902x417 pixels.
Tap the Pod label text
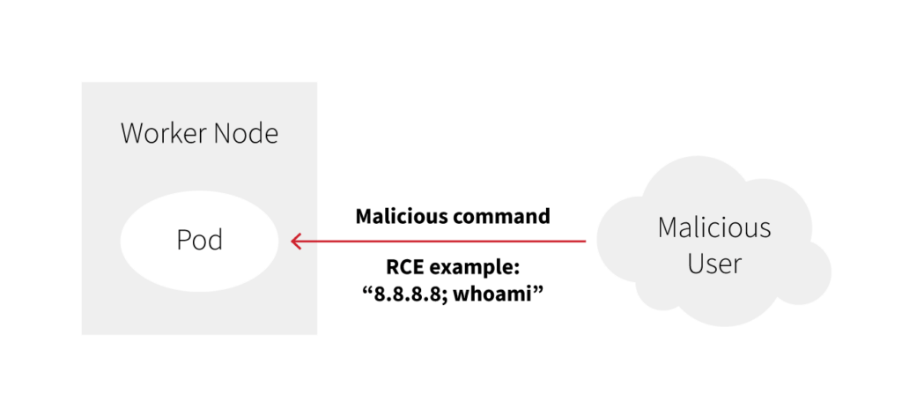[x=199, y=240]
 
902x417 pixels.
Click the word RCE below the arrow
[x=405, y=267]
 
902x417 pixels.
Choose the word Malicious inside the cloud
[x=713, y=228]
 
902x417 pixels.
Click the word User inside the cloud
[x=713, y=263]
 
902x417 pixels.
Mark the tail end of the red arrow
[x=585, y=240]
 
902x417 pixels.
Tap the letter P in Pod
[x=183, y=240]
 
